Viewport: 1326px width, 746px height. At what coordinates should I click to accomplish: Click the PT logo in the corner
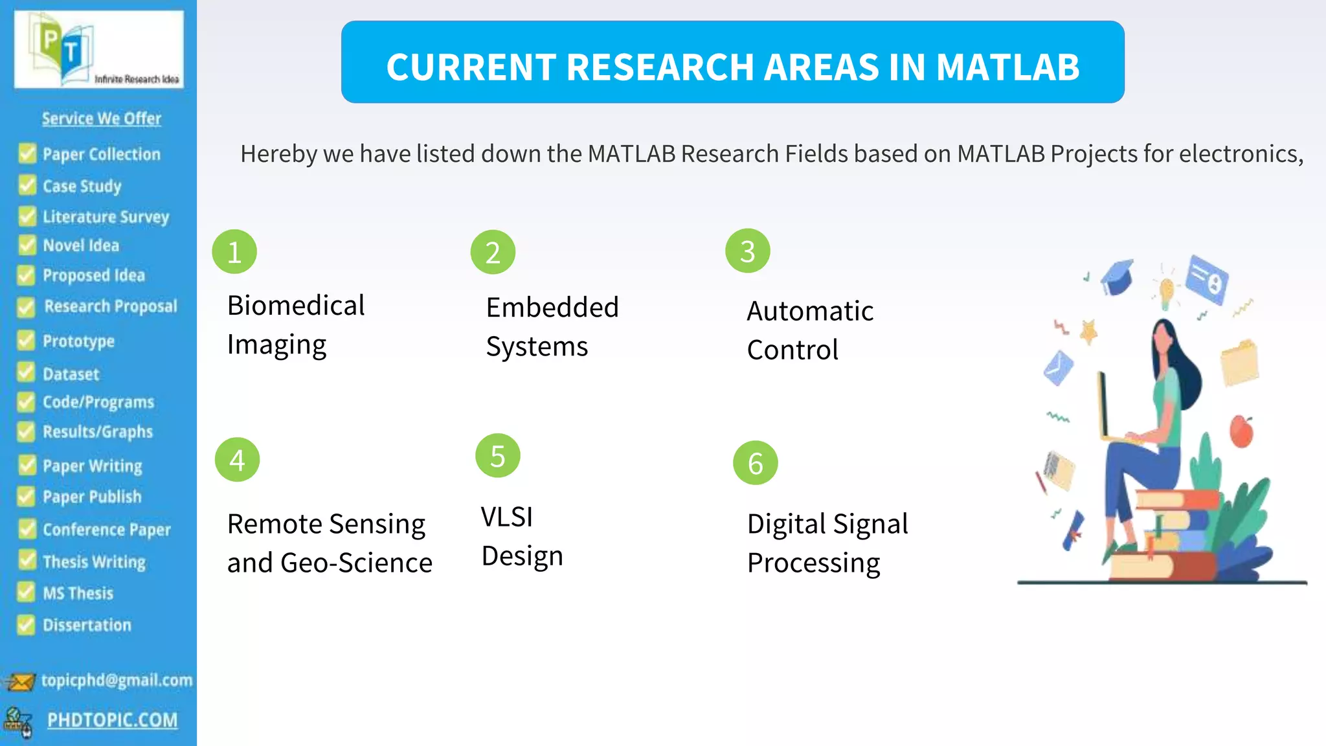[x=98, y=49]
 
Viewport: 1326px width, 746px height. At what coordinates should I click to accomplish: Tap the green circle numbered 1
[x=234, y=252]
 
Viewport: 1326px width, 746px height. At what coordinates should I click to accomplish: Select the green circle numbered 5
[x=497, y=456]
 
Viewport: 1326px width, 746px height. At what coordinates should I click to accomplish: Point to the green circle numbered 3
[x=747, y=251]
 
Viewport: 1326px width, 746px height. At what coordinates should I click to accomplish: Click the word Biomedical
[x=296, y=306]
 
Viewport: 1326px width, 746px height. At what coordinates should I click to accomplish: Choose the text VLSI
[x=507, y=517]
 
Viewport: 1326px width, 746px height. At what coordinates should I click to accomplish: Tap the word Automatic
[x=810, y=311]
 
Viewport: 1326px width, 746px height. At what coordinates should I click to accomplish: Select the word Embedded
[x=552, y=308]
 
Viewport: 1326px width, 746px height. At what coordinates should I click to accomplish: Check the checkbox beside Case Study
[x=27, y=185]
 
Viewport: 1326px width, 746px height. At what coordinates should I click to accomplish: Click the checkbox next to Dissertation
[x=26, y=625]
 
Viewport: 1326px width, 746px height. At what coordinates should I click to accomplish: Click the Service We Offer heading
[x=102, y=119]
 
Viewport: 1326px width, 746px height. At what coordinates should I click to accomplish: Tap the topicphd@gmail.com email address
[x=117, y=680]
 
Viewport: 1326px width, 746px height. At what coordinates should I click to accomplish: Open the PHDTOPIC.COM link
[x=112, y=720]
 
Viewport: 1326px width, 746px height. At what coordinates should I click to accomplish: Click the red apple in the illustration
[x=1241, y=432]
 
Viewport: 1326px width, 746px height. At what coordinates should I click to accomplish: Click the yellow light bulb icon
[x=1166, y=292]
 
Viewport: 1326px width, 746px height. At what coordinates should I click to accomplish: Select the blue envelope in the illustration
[x=1058, y=367]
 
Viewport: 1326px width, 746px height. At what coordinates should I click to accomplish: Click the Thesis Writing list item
[x=94, y=561]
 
